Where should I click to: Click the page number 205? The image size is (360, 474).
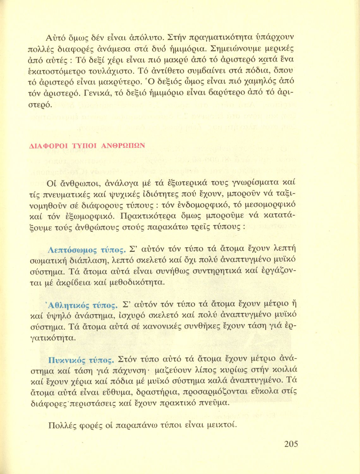pos(291,444)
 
